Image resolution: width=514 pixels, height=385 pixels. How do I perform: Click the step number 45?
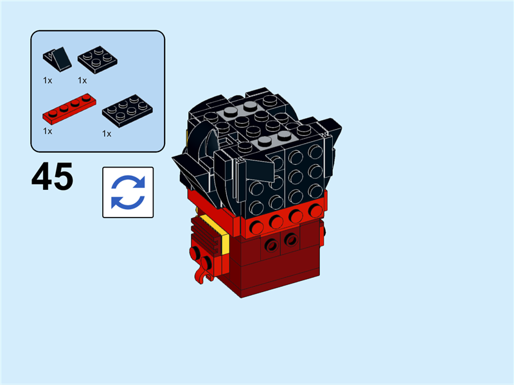pyautogui.click(x=52, y=177)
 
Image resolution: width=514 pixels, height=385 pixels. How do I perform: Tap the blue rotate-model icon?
pyautogui.click(x=128, y=192)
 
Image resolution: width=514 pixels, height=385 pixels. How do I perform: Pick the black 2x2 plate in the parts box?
pyautogui.click(x=97, y=58)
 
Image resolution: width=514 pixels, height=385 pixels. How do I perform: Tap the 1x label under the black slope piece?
pyautogui.click(x=47, y=80)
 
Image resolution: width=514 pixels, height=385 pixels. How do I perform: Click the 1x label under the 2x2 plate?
pyautogui.click(x=82, y=80)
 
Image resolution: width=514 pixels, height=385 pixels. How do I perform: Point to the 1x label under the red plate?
pyautogui.click(x=47, y=131)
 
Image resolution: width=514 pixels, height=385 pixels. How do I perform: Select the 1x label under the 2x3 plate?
pyautogui.click(x=107, y=133)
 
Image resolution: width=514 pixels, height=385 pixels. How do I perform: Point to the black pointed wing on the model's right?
pyautogui.click(x=334, y=132)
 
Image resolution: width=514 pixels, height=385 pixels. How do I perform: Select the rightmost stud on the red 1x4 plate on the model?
pyautogui.click(x=315, y=210)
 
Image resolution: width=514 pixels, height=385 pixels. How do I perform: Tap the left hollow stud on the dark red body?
pyautogui.click(x=270, y=244)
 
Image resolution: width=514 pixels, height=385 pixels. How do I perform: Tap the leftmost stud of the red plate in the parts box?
pyautogui.click(x=51, y=114)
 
